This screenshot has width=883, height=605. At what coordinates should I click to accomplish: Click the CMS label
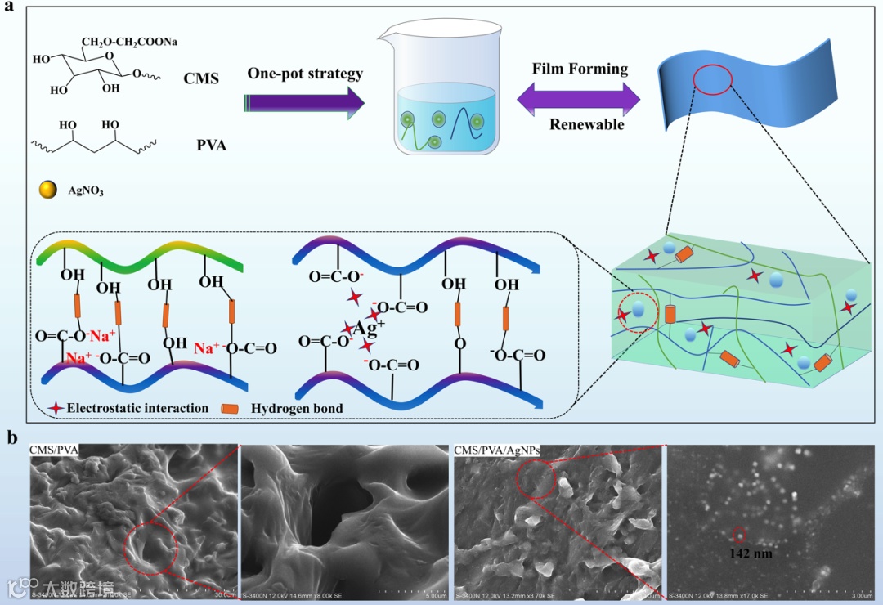[x=200, y=78]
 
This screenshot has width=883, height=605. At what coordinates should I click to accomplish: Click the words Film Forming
[x=580, y=69]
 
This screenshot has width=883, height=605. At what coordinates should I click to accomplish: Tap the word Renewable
[x=586, y=125]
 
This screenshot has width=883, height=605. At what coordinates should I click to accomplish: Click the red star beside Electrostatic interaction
[x=56, y=407]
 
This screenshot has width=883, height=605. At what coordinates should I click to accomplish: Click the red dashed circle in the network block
[x=637, y=312]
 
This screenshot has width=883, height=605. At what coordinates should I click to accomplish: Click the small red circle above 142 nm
[x=738, y=535]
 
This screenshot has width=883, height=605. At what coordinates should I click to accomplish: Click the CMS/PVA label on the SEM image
[x=54, y=450]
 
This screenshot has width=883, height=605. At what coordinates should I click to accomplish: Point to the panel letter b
[x=13, y=437]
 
